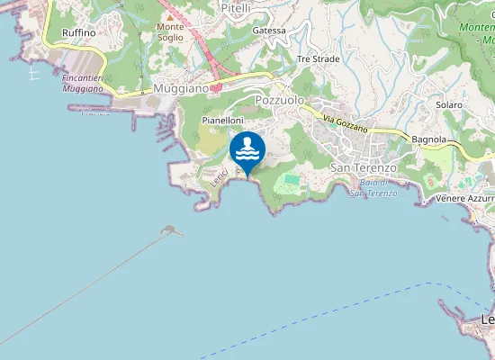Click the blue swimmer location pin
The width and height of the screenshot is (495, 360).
247,148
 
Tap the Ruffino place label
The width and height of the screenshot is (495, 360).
79,32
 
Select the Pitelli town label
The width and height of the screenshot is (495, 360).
236,7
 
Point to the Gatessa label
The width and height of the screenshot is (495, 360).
269,31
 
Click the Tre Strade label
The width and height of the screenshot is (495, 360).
319,58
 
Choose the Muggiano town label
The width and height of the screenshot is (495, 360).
181,89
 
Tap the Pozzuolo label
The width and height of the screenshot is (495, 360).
280,100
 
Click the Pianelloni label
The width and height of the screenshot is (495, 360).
223,120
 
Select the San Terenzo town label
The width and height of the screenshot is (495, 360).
364,168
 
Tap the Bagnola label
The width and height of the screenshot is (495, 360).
428,139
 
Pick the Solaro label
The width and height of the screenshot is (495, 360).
449,105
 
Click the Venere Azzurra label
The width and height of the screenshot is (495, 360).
463,198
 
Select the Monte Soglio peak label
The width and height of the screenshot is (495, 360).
170,32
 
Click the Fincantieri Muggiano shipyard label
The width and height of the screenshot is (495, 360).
86,84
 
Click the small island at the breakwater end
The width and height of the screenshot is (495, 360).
168,231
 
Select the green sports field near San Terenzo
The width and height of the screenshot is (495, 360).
292,182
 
